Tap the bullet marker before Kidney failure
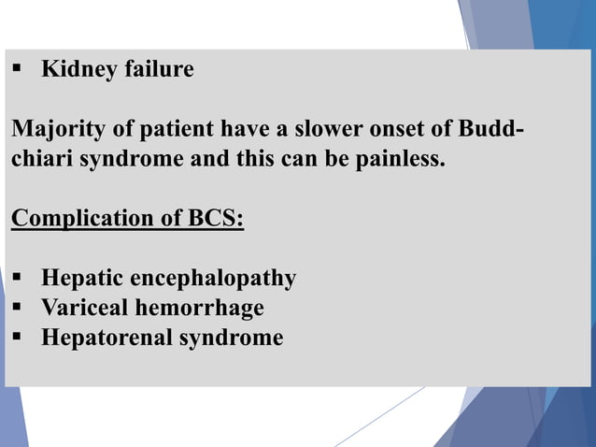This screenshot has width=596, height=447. tap(18, 70)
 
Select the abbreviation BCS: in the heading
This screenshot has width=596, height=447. tap(215, 221)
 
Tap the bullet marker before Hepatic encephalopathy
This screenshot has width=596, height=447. tap(18, 279)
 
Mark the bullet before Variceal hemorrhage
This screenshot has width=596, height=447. tap(18, 308)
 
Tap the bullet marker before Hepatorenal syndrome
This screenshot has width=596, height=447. tap(18, 338)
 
